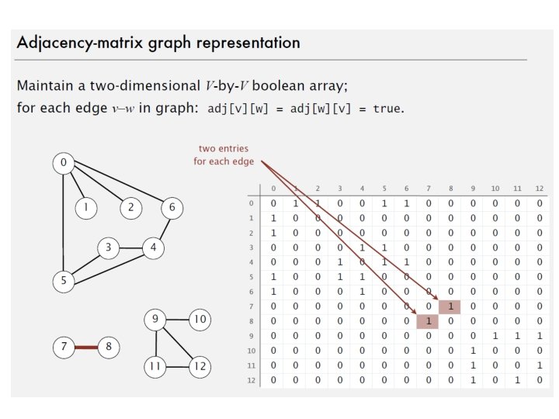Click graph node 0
point(64,163)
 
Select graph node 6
point(172,207)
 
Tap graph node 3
point(109,248)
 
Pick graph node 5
point(64,281)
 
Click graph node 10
point(200,319)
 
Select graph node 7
point(64,347)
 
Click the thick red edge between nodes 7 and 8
point(86,347)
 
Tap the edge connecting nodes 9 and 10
point(178,319)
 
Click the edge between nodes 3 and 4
point(131,248)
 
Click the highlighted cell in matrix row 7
point(450,306)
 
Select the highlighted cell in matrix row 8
point(428,321)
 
